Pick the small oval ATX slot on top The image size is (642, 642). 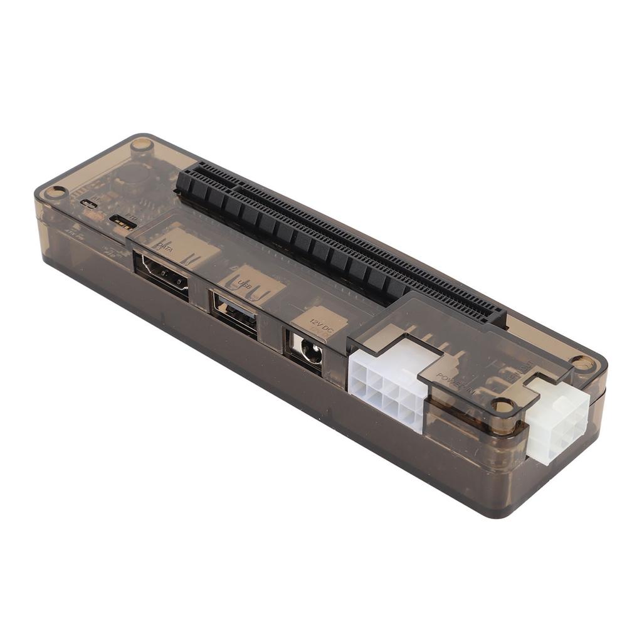coord(88,203)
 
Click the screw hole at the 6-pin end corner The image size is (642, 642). coord(583,363)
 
